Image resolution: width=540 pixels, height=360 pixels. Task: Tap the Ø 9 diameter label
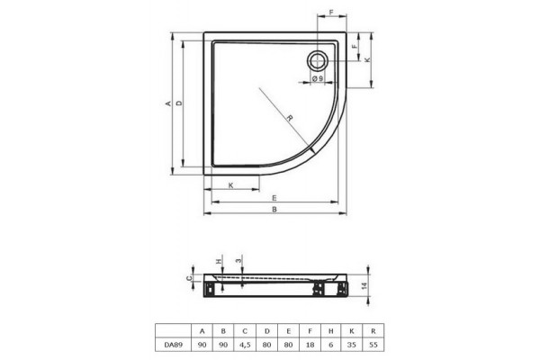pos(318,78)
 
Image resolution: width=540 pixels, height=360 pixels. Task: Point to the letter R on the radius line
pos(290,119)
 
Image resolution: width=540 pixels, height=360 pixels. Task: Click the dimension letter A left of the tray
pos(168,103)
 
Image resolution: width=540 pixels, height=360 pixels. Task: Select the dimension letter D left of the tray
pos(179,103)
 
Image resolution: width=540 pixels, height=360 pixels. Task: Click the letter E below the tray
pos(274,198)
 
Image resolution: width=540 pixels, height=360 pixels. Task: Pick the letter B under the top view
pos(274,209)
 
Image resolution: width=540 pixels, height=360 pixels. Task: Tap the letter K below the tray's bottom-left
pos(231,185)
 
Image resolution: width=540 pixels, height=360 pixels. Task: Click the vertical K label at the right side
pos(368,59)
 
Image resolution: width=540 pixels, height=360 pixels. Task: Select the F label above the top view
pos(331,13)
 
